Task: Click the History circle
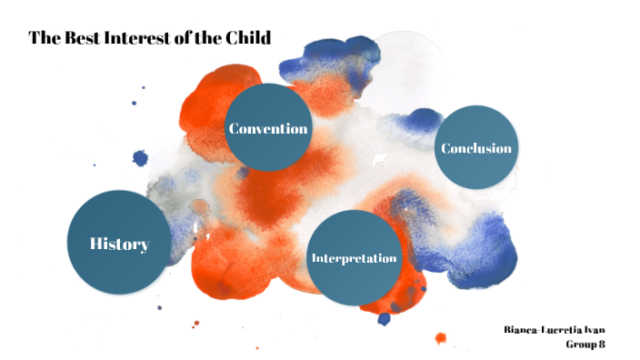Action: [119, 242]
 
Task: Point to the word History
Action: [119, 244]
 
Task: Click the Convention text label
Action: [268, 128]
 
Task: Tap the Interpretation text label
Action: [354, 258]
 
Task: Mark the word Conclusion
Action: [475, 148]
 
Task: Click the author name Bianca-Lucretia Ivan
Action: [555, 328]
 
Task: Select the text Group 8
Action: [585, 344]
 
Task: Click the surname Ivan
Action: [593, 328]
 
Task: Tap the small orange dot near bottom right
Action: [441, 338]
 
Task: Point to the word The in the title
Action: [43, 37]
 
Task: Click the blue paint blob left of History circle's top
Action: [140, 158]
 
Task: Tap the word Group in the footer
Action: [579, 344]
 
